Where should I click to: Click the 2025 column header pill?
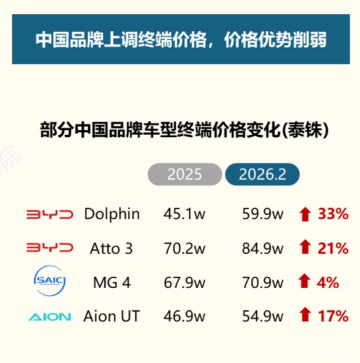click(185, 174)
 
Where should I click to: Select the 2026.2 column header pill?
click(262, 174)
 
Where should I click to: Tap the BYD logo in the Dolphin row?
click(51, 215)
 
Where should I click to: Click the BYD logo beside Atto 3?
click(51, 249)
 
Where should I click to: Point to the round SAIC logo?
click(51, 282)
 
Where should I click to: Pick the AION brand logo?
click(50, 317)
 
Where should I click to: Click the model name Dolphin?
click(112, 214)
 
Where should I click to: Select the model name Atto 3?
click(111, 249)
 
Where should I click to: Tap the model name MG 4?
click(111, 283)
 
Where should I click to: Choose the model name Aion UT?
click(111, 317)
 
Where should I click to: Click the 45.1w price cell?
click(185, 215)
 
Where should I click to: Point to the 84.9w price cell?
click(262, 249)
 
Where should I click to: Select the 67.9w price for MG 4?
click(185, 283)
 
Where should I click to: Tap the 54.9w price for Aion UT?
click(262, 317)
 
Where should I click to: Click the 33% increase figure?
click(333, 215)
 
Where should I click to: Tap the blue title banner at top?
click(181, 39)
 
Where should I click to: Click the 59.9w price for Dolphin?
click(262, 215)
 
